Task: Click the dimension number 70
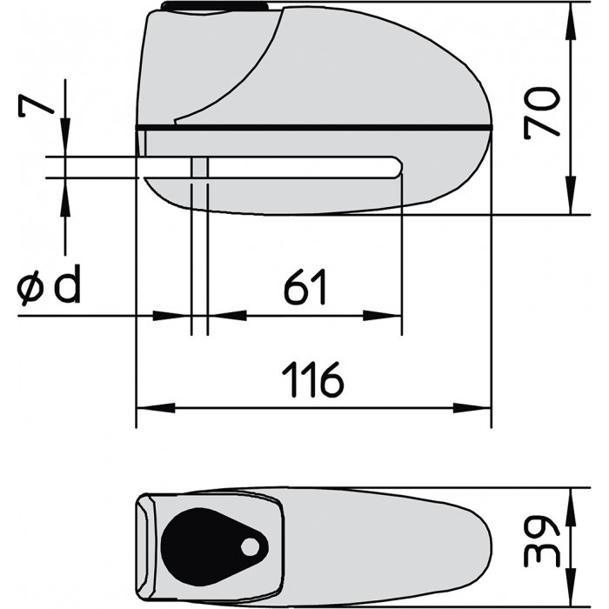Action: coord(545,111)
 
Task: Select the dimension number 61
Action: coord(305,288)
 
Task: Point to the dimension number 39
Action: coord(544,539)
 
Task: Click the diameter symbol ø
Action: coord(31,288)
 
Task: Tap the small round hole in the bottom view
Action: coord(251,546)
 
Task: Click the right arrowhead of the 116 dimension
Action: coord(481,406)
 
